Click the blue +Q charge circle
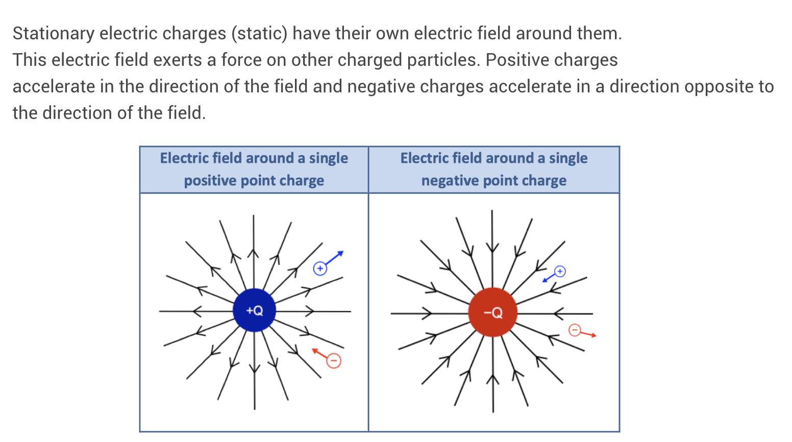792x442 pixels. coord(254,310)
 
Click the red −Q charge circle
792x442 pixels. coord(493,312)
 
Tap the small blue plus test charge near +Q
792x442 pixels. coord(320,268)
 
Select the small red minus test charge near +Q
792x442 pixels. coord(334,361)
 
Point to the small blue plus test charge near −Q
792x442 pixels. coord(560,271)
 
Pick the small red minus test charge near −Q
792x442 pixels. coord(575,330)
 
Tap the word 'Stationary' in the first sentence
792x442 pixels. coord(54,34)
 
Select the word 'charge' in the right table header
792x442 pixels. coord(544,181)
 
